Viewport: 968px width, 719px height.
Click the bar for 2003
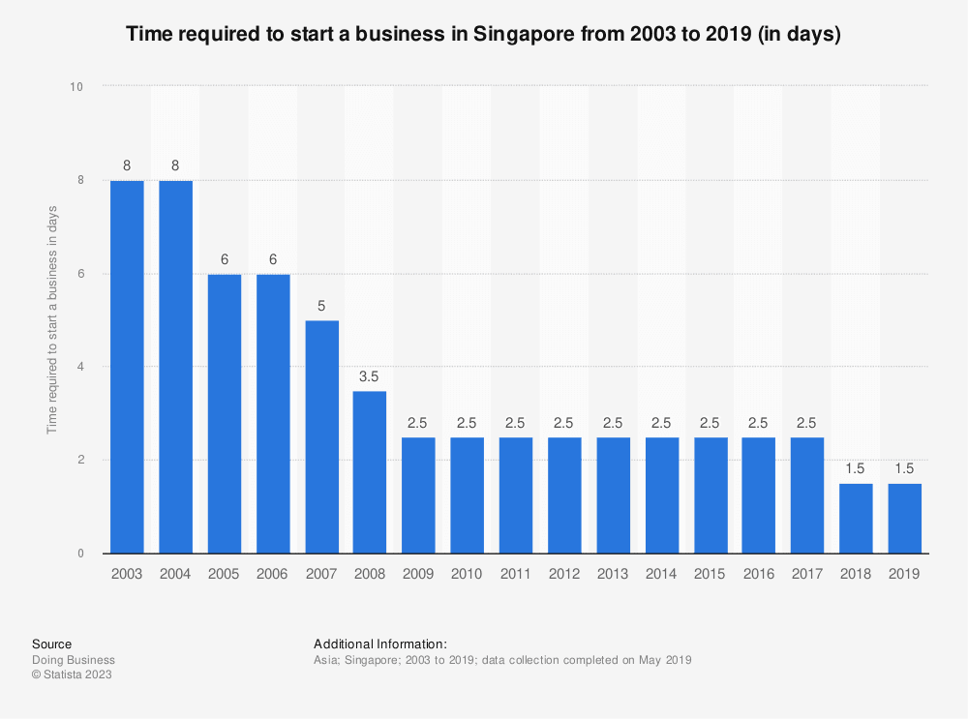click(x=127, y=367)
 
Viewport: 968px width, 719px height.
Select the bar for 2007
click(x=321, y=436)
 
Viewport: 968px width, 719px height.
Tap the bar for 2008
click(x=370, y=471)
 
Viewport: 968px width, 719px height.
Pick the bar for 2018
click(x=856, y=518)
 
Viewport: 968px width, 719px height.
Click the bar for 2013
click(x=613, y=494)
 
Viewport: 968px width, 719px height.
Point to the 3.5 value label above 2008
click(x=370, y=374)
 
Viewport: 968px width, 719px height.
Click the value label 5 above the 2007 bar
click(x=321, y=305)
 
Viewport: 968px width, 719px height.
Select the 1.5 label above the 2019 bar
click(x=904, y=467)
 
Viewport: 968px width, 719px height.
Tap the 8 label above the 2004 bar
click(x=175, y=165)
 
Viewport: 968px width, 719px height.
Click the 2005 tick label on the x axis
click(x=224, y=574)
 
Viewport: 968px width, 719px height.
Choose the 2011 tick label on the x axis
click(x=516, y=574)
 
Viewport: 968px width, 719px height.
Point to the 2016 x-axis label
click(x=758, y=574)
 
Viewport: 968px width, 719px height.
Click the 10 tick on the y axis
click(x=77, y=87)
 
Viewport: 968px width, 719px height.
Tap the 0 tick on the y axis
click(x=80, y=554)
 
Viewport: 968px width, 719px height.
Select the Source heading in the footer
click(x=51, y=644)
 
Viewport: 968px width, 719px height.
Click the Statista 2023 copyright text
click(x=72, y=674)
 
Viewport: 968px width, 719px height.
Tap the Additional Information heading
click(x=379, y=644)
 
